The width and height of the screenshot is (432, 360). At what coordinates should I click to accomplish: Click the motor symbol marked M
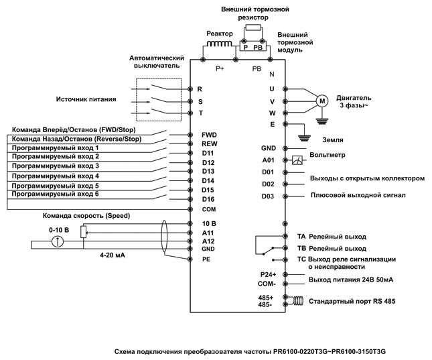click(x=322, y=101)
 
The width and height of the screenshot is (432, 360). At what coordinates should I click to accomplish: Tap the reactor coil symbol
click(x=218, y=45)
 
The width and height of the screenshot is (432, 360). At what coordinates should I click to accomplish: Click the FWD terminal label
click(x=208, y=134)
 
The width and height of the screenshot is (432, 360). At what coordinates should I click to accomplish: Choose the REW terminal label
click(x=208, y=143)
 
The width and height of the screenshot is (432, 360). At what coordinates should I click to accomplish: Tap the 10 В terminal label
click(x=209, y=223)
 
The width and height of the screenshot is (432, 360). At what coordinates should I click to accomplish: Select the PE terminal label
click(x=206, y=258)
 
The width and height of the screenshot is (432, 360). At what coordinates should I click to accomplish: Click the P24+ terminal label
click(x=269, y=275)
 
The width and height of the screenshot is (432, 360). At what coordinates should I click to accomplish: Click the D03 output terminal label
click(x=268, y=196)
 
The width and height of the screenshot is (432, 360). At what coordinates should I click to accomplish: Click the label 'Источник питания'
click(x=85, y=100)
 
